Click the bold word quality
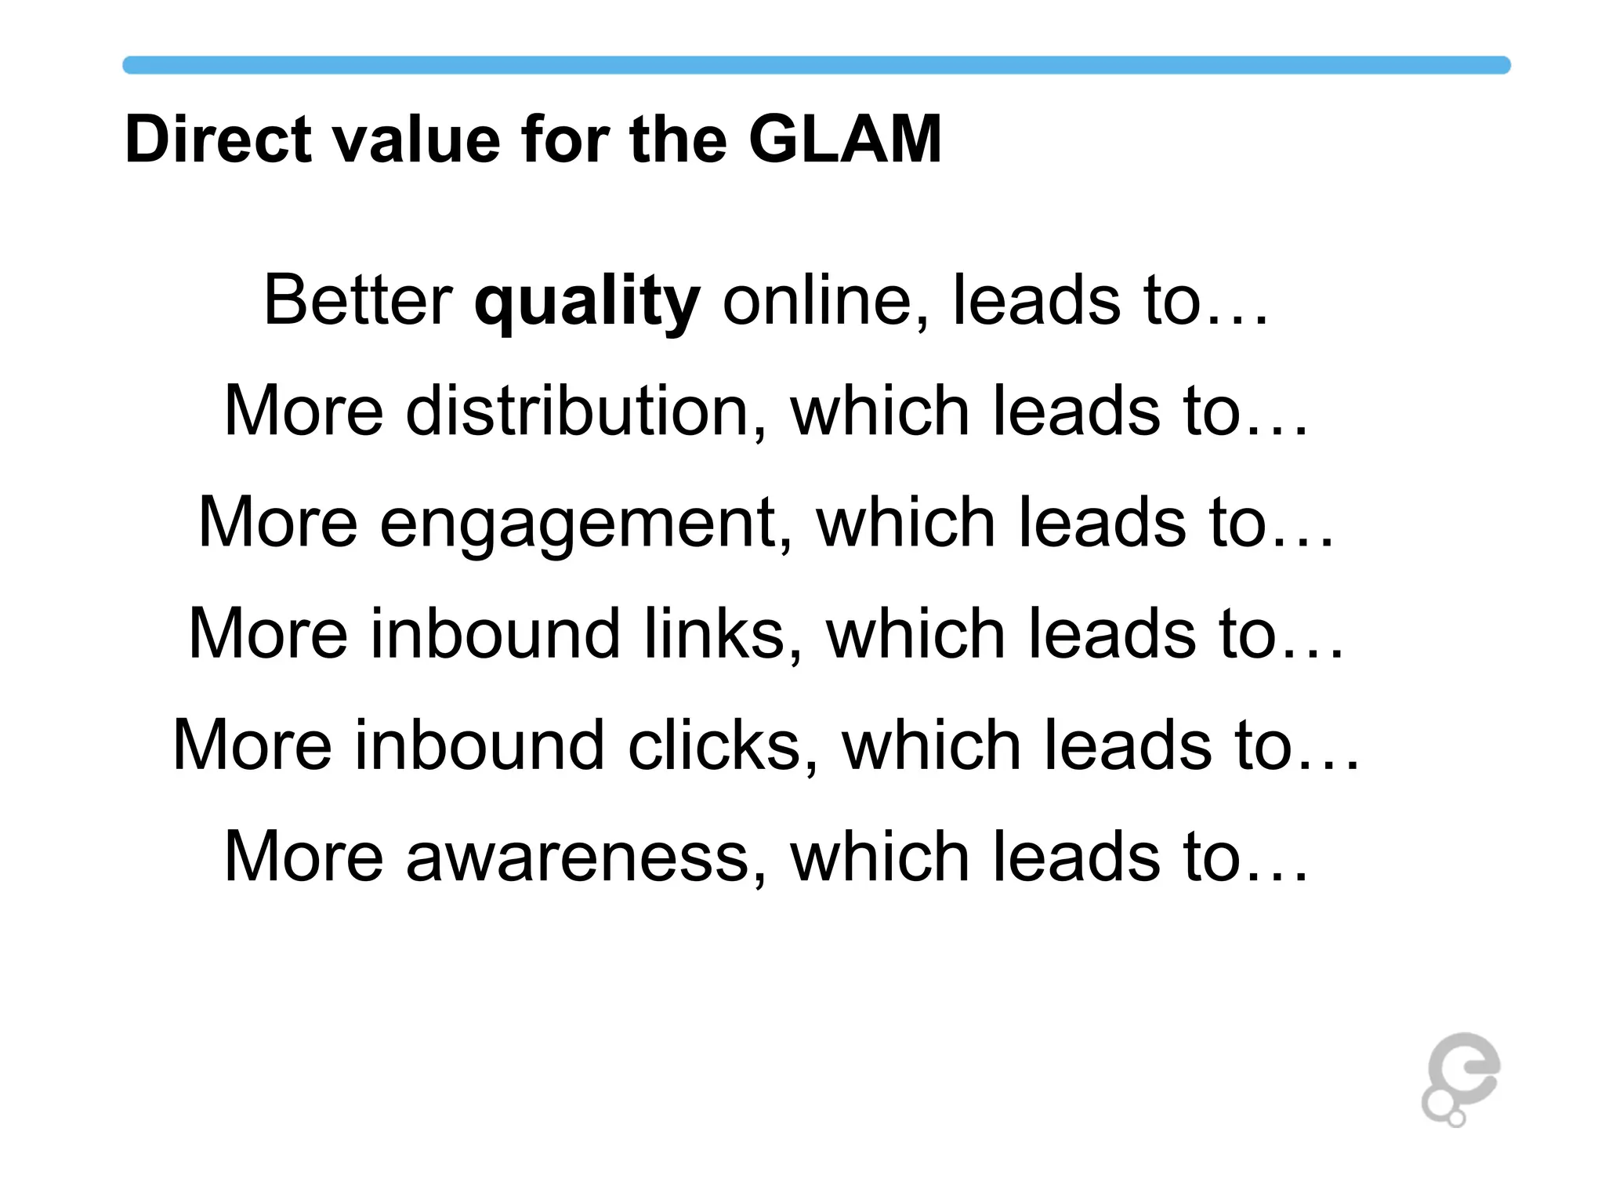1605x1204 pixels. (587, 302)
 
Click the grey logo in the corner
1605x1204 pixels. (1460, 1079)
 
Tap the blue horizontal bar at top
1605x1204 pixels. (815, 65)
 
